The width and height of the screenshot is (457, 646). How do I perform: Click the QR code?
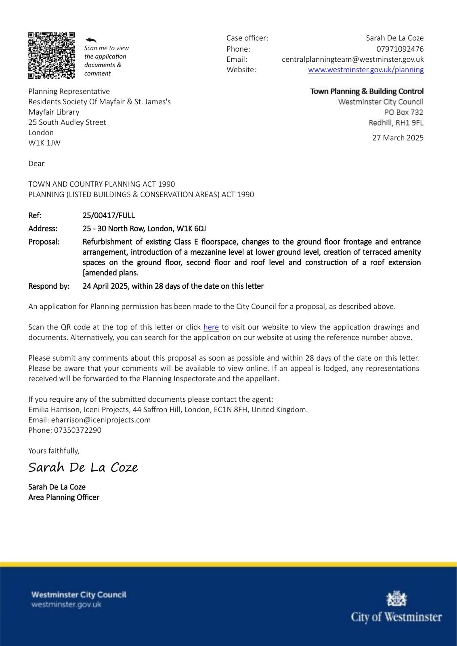coord(51,55)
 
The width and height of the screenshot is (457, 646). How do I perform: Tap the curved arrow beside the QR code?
coord(91,40)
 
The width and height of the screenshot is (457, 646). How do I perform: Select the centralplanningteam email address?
coord(352,59)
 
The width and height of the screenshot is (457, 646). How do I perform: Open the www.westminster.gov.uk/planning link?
coord(366,69)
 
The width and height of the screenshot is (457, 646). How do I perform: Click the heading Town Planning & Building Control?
coord(367,91)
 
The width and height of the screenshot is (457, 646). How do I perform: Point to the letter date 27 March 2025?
coord(398,138)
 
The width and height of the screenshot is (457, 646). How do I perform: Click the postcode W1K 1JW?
coord(44,143)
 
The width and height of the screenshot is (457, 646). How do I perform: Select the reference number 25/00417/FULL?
coord(109,215)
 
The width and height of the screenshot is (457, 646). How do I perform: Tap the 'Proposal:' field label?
coord(44,241)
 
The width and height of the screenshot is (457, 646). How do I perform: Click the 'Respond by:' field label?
coord(49,286)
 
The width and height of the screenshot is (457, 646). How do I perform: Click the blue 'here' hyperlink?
coord(211,327)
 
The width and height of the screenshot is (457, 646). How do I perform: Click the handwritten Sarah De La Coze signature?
coord(83,467)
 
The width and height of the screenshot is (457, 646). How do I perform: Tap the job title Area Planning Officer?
coord(64,497)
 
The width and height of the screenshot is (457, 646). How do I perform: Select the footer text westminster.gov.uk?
coord(66,604)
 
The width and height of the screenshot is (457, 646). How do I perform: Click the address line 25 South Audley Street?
coord(67,122)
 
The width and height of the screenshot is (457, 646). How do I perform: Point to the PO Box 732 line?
coord(403,112)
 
